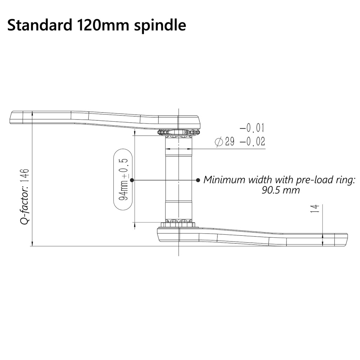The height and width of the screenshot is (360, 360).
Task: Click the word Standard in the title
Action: pos(40,25)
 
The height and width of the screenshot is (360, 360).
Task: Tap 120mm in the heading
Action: pos(103,25)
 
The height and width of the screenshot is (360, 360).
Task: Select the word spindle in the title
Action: pos(160,26)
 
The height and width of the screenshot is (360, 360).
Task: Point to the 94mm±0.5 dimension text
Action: pos(123,179)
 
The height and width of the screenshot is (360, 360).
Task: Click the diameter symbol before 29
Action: pos(219,141)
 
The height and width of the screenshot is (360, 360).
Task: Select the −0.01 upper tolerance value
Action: pos(252,128)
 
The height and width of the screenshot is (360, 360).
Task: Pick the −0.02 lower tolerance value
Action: pos(252,141)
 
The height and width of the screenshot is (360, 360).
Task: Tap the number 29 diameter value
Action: pos(230,141)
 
